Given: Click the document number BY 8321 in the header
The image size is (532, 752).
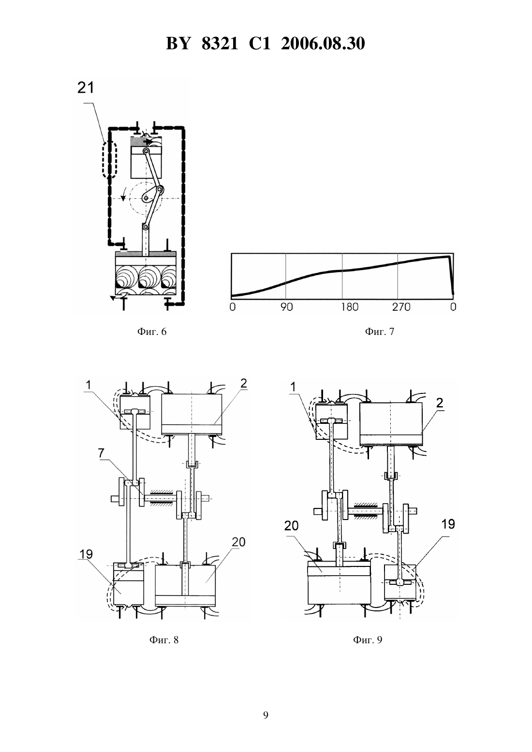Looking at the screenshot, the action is pyautogui.click(x=202, y=43).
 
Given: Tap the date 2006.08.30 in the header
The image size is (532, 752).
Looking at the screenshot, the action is pyautogui.click(x=323, y=43).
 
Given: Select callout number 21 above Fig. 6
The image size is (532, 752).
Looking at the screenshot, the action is pyautogui.click(x=86, y=87).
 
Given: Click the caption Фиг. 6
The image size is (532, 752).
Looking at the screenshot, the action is pyautogui.click(x=152, y=332).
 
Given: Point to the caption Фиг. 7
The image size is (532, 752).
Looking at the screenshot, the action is pyautogui.click(x=380, y=332).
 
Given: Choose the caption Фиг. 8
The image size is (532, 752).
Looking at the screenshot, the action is pyautogui.click(x=164, y=640).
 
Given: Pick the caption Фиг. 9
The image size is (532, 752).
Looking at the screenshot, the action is pyautogui.click(x=368, y=640).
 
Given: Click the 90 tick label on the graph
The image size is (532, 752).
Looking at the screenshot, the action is pyautogui.click(x=287, y=307).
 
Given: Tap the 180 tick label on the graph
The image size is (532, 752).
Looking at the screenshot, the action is pyautogui.click(x=350, y=307).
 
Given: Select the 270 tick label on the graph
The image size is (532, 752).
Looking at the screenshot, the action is pyautogui.click(x=402, y=307).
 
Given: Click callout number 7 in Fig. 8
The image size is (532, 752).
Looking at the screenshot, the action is pyautogui.click(x=101, y=453).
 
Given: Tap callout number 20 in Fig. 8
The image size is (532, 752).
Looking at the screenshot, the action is pyautogui.click(x=238, y=542).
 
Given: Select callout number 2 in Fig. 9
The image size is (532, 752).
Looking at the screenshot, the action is pyautogui.click(x=439, y=403).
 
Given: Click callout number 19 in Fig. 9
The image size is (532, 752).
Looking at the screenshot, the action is pyautogui.click(x=448, y=524).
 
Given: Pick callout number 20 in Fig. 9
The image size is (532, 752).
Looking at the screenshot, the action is pyautogui.click(x=291, y=526).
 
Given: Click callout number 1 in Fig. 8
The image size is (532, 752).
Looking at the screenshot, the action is pyautogui.click(x=89, y=385).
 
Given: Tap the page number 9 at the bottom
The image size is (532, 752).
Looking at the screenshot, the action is pyautogui.click(x=266, y=715).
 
